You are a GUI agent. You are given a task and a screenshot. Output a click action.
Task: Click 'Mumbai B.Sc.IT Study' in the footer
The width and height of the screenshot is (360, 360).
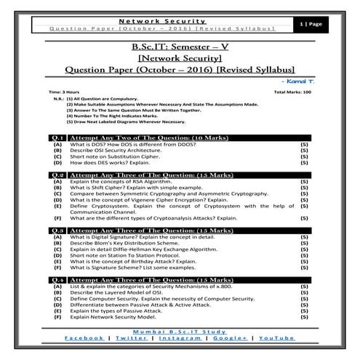click(x=180, y=331)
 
